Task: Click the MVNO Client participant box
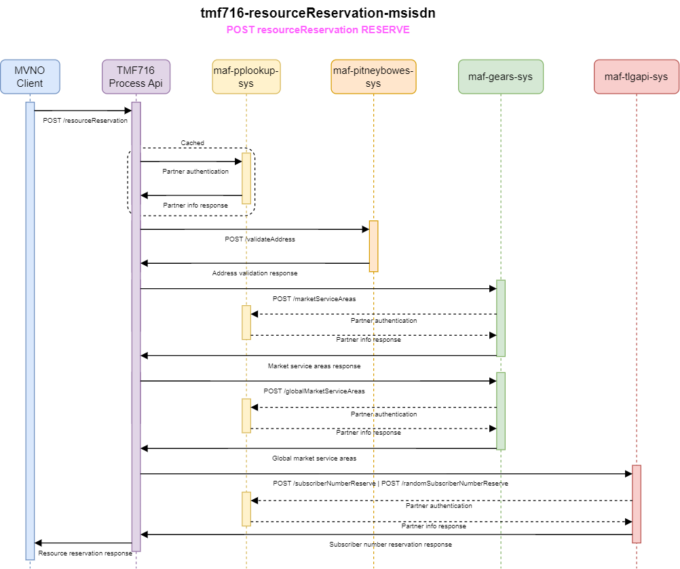click(x=30, y=77)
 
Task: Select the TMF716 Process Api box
click(x=136, y=77)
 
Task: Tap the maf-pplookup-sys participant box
click(x=246, y=77)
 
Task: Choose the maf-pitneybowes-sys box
click(x=373, y=77)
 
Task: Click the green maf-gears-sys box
click(x=500, y=77)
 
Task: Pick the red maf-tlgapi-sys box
click(x=636, y=77)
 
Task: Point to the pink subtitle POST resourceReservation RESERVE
click(x=318, y=31)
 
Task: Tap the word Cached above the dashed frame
click(x=192, y=143)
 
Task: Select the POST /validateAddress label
click(x=260, y=239)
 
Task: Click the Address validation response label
click(x=254, y=273)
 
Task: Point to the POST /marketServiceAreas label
click(x=305, y=298)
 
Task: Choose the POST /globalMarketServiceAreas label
click(x=314, y=391)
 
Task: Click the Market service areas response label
click(x=314, y=366)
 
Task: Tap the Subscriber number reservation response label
click(x=390, y=545)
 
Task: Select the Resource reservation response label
click(x=85, y=553)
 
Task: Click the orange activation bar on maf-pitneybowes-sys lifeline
click(x=373, y=246)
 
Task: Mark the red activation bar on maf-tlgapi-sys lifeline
click(x=637, y=503)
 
